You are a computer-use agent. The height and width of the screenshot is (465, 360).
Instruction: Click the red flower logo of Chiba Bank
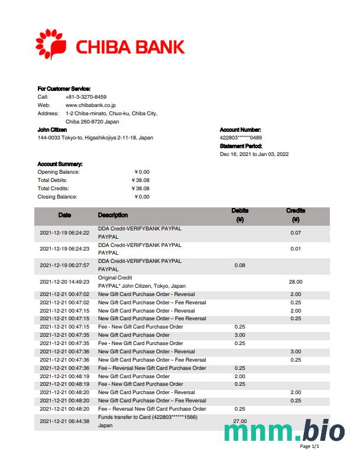(52, 44)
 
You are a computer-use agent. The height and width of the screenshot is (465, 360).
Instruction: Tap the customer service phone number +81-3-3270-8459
(86, 97)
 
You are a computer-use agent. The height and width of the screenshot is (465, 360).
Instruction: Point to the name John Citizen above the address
(52, 129)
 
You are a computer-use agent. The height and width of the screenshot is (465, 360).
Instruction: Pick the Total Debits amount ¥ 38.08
(141, 180)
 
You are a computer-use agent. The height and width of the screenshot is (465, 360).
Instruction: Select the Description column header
(112, 215)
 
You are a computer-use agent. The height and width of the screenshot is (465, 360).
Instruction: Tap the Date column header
(64, 215)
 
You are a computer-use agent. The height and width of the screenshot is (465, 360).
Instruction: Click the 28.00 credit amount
(296, 282)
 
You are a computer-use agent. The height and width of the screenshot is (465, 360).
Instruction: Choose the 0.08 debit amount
(239, 265)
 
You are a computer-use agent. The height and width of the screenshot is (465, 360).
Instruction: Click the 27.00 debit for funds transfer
(239, 421)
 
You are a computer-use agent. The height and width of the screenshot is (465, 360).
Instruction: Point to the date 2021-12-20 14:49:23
(64, 282)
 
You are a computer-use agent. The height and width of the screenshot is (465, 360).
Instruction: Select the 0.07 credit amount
(296, 232)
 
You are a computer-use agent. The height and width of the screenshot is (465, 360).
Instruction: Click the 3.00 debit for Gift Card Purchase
(239, 335)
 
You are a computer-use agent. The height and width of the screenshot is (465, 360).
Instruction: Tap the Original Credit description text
(115, 278)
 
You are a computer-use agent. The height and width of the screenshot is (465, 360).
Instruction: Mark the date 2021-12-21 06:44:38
(64, 421)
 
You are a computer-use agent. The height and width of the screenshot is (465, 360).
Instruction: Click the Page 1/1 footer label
(309, 446)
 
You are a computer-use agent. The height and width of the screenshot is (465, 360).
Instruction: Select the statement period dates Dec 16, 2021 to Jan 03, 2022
(254, 154)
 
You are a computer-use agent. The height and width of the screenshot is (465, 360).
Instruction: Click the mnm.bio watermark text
(284, 431)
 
